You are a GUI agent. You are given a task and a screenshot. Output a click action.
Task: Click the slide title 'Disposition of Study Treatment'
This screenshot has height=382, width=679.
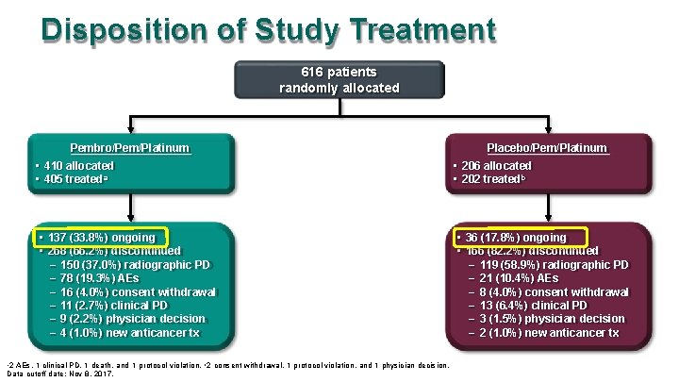click(x=268, y=30)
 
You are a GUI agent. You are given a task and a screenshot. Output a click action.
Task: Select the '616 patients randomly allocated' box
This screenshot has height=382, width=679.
click(x=339, y=80)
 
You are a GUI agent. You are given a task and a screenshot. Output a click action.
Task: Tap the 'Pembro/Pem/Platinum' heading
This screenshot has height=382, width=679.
click(x=130, y=148)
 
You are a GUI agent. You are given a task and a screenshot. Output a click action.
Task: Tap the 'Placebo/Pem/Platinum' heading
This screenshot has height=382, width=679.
click(x=547, y=148)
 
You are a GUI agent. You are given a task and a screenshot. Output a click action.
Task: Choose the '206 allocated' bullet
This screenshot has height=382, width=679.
click(x=498, y=166)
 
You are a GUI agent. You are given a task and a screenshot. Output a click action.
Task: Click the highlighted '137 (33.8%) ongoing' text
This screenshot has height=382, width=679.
click(x=99, y=238)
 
